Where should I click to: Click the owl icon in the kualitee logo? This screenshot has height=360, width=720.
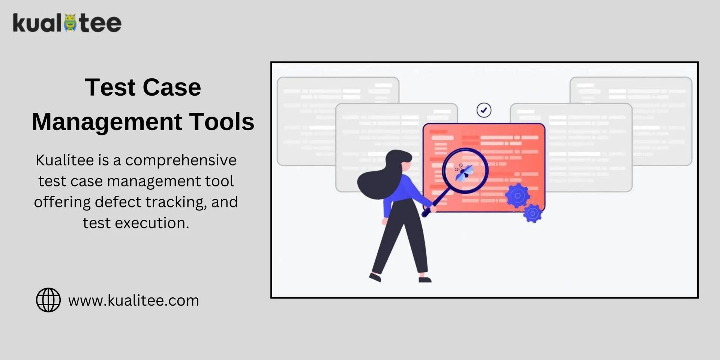point(70,23)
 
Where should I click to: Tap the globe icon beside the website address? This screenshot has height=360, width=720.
point(48,300)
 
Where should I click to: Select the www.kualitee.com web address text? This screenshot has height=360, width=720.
point(133,300)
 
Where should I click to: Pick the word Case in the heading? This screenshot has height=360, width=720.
point(172,87)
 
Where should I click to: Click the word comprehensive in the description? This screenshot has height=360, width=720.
point(181,160)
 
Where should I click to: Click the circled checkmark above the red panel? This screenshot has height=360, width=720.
point(484,110)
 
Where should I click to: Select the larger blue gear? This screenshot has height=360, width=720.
point(517,195)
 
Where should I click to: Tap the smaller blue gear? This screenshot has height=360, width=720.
point(533,213)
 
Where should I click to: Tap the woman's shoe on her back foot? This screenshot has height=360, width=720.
point(375,277)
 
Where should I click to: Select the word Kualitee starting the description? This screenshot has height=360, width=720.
point(65,160)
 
